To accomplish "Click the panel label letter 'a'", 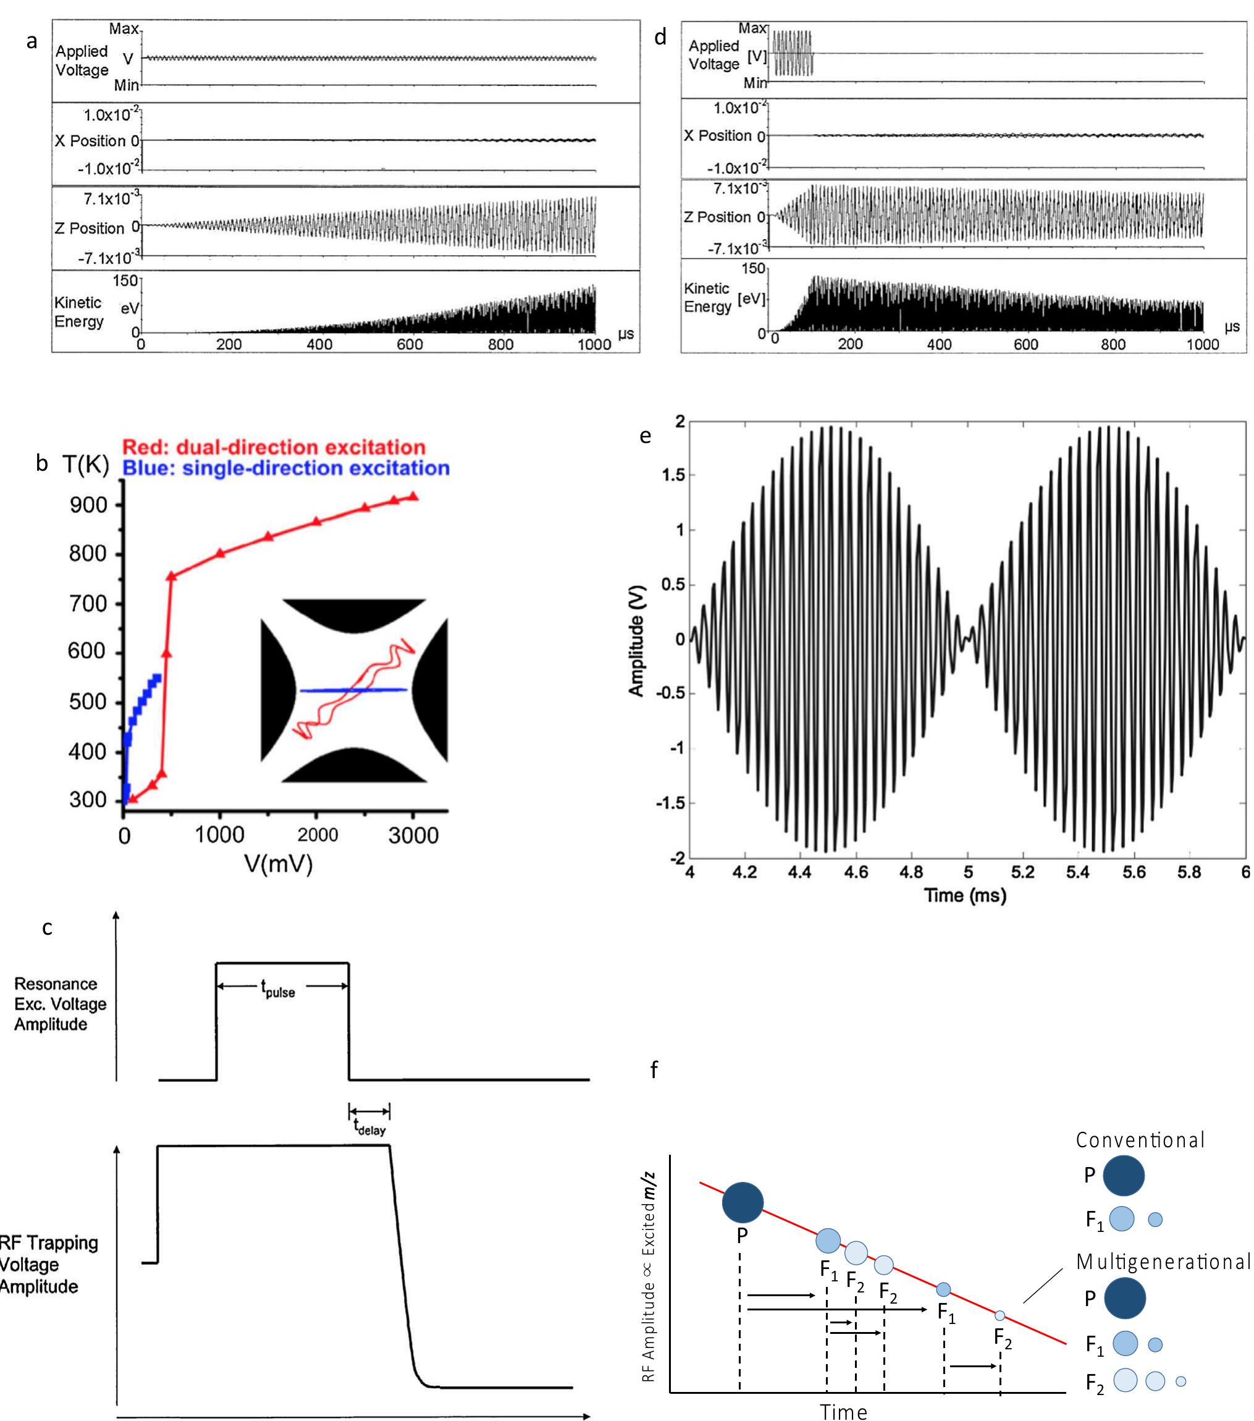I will click(32, 42).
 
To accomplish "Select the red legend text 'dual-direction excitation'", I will click(301, 447).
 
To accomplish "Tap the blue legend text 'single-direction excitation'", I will click(316, 468).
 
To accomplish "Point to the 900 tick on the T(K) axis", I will click(88, 505).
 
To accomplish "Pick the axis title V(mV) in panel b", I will click(278, 864).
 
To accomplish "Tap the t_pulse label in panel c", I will click(278, 988).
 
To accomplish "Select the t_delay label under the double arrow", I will click(369, 1128).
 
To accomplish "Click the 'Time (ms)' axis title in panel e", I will click(965, 895).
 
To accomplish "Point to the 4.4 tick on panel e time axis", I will click(800, 872).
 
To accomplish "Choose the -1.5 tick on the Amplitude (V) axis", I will click(670, 803).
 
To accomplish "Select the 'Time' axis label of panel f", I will click(843, 1411).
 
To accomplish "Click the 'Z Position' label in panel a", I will click(90, 228).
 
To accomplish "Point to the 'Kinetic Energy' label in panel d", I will click(707, 298).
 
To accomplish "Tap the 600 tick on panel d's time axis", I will click(1026, 344).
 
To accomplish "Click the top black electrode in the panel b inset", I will click(355, 615).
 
